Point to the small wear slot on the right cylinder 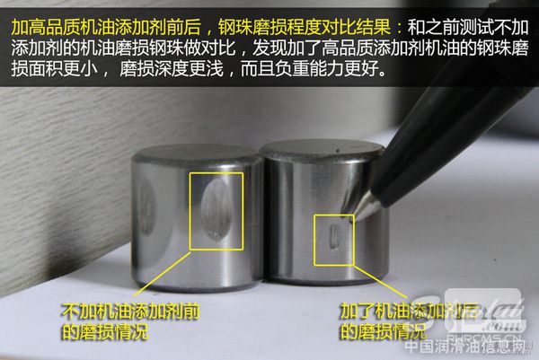tap(333, 239)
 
